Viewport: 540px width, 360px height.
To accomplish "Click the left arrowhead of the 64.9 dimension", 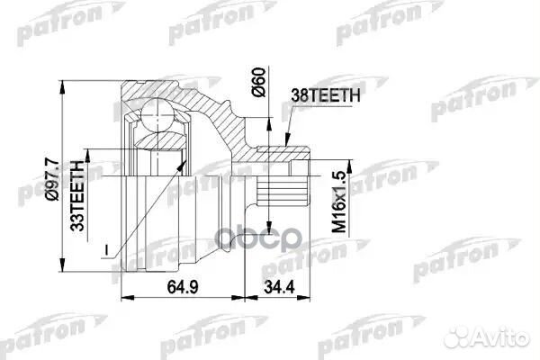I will pyautogui.click(x=123, y=297).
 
